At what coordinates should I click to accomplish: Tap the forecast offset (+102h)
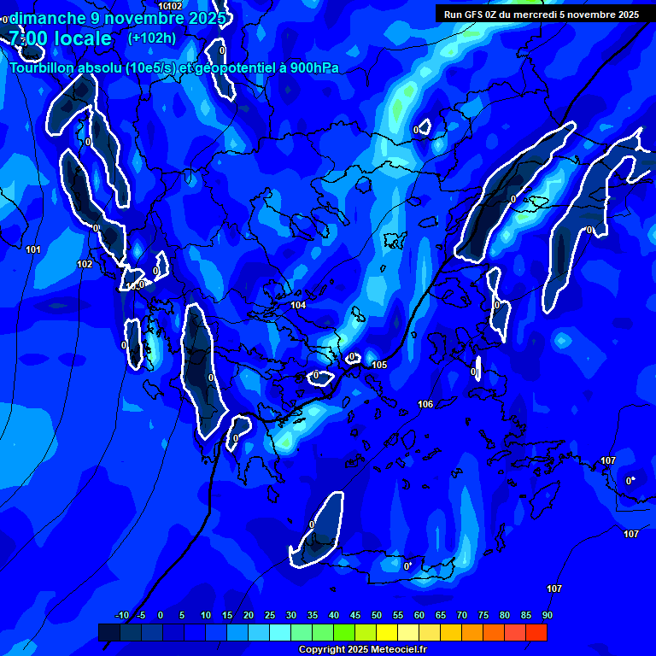coord(152,38)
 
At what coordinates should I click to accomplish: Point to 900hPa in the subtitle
coord(311,68)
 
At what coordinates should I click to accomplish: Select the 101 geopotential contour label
coord(33,249)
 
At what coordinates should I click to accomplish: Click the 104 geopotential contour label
coord(298,305)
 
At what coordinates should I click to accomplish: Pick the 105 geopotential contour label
coord(379,365)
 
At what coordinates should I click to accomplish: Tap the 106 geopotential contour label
coord(425,404)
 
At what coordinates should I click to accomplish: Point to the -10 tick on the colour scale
coord(121,615)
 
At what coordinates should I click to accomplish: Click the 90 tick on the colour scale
coord(547,615)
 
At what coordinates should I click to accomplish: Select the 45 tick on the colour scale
coord(354,615)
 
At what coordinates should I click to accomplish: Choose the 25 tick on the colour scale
coord(269,615)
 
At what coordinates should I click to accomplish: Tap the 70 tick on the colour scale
coord(461,615)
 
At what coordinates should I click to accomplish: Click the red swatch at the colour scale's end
coord(536,632)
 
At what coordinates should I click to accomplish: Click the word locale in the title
coord(80,38)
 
